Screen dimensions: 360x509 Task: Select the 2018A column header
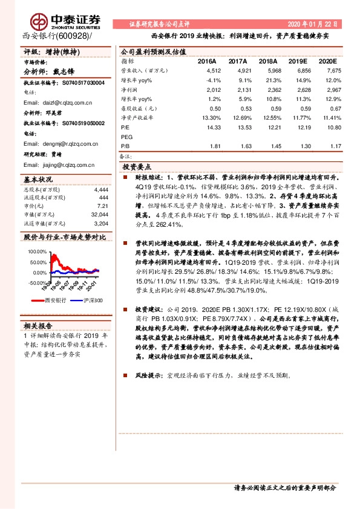pyautogui.click(x=266, y=62)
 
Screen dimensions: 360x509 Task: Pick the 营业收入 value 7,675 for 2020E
pyautogui.click(x=327, y=71)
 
